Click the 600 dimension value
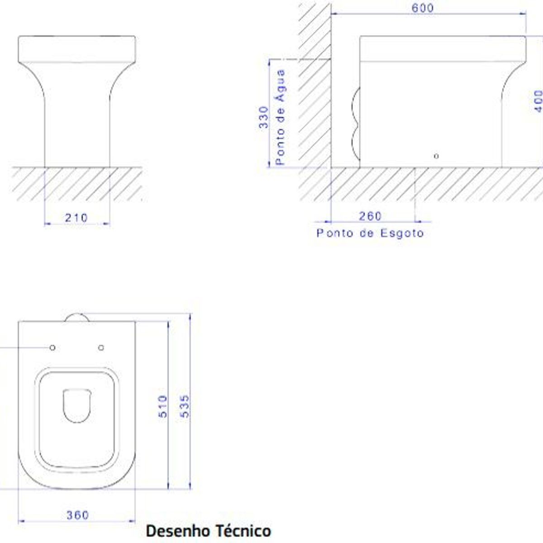tap(422, 8)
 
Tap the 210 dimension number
tap(76, 218)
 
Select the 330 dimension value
tap(263, 117)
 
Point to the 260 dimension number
tap(370, 216)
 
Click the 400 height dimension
tap(538, 101)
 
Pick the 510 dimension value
tap(163, 406)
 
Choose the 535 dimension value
tap(185, 406)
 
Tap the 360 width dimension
tap(77, 515)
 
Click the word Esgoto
tap(402, 233)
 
